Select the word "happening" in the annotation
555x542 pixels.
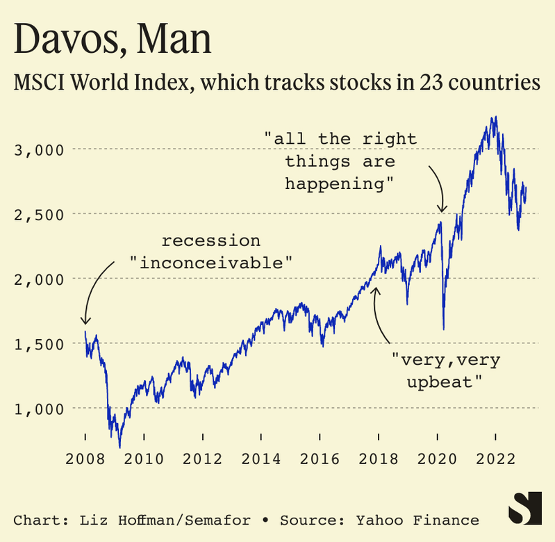[x=340, y=183]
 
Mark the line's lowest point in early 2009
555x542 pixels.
[x=120, y=447]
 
